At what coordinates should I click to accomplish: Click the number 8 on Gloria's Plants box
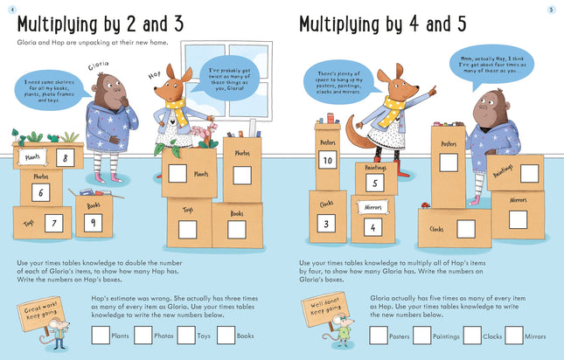click(64, 158)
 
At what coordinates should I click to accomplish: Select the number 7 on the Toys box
click(54, 224)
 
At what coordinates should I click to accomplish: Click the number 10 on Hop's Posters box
click(327, 160)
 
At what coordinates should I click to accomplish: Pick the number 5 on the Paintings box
click(373, 183)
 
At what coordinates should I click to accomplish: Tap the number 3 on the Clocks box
click(323, 223)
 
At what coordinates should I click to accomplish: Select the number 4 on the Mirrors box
click(373, 227)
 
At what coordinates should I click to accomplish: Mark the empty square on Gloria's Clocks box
click(466, 229)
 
